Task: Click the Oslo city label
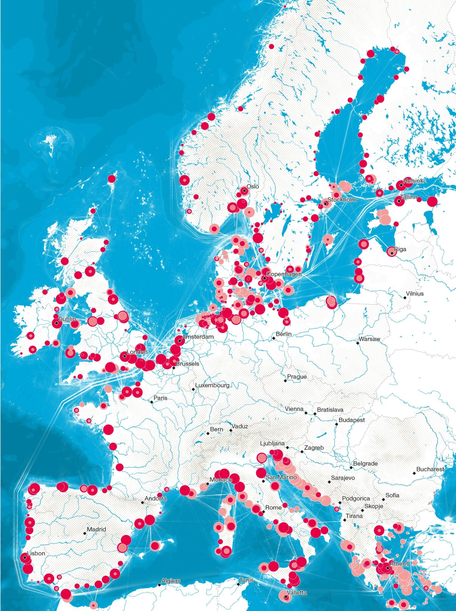253,186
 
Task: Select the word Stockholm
342,200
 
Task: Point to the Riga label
400,249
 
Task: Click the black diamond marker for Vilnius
405,298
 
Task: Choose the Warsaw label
369,339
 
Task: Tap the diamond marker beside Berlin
273,338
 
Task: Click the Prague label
297,377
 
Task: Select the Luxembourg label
212,385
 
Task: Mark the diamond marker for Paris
152,402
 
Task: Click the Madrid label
96,529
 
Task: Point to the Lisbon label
36,553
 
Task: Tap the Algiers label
171,581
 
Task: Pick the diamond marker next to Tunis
238,584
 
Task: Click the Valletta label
297,593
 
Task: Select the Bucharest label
430,469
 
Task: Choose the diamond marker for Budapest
336,424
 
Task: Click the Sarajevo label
343,478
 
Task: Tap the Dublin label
67,319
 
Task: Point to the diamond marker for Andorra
142,503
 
